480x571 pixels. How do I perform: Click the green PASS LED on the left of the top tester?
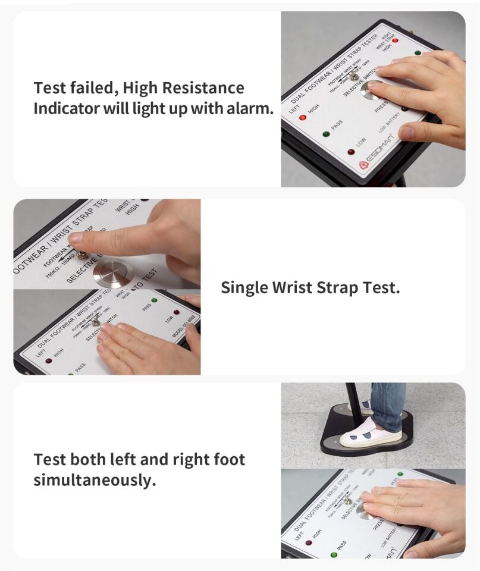[326, 134]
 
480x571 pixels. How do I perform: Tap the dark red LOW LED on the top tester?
[351, 152]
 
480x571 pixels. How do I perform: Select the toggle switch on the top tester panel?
[353, 76]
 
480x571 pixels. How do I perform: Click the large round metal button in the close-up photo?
[113, 273]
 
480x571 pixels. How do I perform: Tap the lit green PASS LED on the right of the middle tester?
[154, 300]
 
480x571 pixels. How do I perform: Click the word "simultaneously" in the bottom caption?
[95, 481]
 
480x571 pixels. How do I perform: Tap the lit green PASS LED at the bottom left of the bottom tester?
[333, 555]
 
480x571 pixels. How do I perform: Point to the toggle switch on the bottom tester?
[347, 498]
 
